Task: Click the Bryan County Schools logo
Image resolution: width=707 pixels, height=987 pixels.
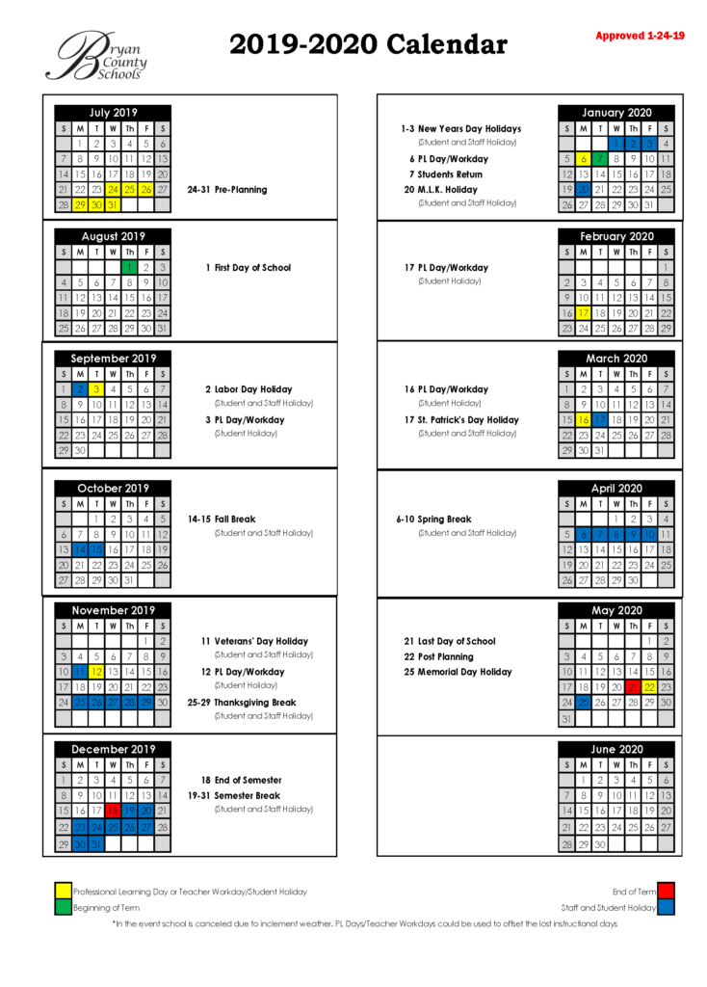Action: [95, 55]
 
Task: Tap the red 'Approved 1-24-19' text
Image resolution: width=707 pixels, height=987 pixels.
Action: [640, 36]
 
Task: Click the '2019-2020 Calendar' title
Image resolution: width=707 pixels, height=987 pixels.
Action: [368, 44]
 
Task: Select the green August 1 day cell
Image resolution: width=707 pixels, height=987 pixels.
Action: [129, 267]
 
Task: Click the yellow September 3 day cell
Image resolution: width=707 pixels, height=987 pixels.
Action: [96, 389]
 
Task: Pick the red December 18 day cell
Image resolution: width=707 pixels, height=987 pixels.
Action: [113, 811]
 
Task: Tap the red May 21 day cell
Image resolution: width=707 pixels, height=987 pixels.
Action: [633, 686]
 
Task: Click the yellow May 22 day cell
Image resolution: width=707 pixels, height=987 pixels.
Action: [649, 686]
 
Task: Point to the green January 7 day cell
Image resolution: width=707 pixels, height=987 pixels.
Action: [600, 159]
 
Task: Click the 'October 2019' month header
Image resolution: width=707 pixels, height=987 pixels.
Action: [113, 488]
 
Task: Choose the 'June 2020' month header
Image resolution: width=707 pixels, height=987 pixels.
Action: [616, 749]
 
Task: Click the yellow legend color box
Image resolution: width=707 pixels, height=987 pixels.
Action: [63, 891]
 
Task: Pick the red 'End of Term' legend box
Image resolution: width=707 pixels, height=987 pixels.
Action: [666, 891]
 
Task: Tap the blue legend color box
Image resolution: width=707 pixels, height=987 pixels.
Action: [666, 907]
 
